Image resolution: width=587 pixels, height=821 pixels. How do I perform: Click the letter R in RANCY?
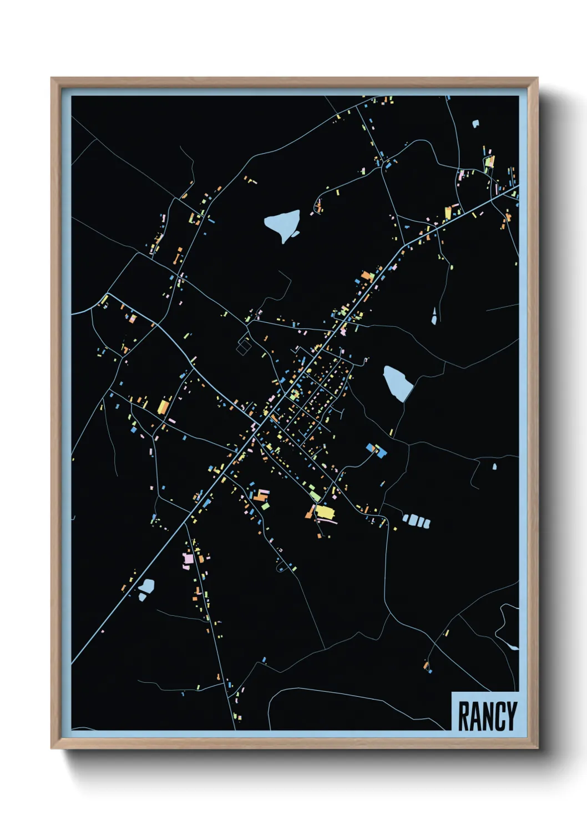(x=463, y=716)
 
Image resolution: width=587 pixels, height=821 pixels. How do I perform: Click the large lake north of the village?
(x=284, y=224)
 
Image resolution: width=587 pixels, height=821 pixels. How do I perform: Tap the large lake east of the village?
(x=398, y=382)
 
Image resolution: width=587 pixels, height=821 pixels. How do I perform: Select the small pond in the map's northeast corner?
(x=475, y=124)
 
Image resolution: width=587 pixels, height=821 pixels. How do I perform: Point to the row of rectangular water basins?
(x=416, y=521)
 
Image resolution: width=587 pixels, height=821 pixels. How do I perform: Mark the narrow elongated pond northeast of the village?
(x=434, y=317)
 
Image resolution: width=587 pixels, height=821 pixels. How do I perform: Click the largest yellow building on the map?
(x=324, y=511)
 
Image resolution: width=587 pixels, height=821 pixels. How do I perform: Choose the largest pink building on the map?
(x=188, y=558)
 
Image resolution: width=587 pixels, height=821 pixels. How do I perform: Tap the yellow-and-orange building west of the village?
(x=163, y=407)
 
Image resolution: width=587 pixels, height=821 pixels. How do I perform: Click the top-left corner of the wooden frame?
(x=52, y=79)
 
